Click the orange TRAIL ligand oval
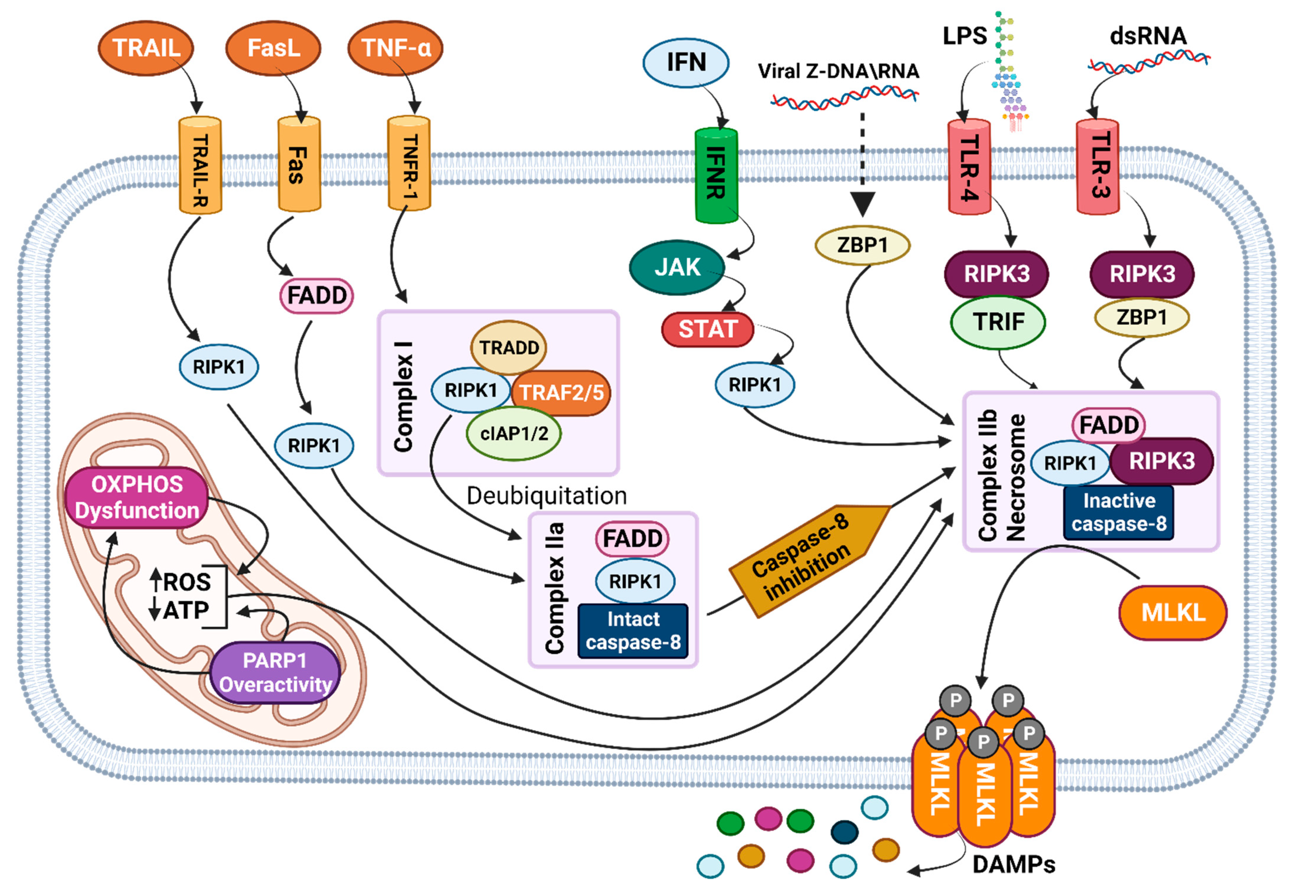(x=146, y=48)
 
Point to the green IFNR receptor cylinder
(x=716, y=175)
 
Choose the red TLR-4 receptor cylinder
(x=969, y=167)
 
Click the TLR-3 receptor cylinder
(x=1097, y=167)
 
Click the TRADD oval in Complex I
(x=508, y=348)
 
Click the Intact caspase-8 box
(x=633, y=631)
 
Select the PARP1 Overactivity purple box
(x=275, y=672)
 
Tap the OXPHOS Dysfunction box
(x=136, y=497)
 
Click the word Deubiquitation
(x=546, y=495)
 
